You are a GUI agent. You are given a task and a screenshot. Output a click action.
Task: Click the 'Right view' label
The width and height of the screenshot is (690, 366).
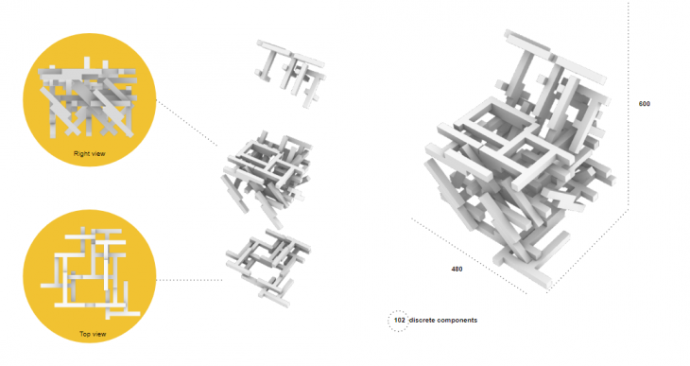click(90, 154)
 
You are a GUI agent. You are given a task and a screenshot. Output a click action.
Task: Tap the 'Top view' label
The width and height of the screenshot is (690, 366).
click(93, 334)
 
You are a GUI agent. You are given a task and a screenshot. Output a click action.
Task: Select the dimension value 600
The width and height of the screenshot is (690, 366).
click(645, 104)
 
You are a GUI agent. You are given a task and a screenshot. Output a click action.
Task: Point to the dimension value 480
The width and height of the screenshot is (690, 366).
click(457, 270)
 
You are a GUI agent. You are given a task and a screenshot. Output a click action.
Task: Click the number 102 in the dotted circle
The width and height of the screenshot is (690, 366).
click(399, 321)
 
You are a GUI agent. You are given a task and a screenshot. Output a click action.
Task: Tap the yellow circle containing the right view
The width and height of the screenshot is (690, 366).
click(90, 100)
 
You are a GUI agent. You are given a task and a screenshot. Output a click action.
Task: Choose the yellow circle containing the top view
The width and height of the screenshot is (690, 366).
click(90, 276)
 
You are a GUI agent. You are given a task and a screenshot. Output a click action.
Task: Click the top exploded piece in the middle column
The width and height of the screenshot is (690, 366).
click(290, 73)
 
